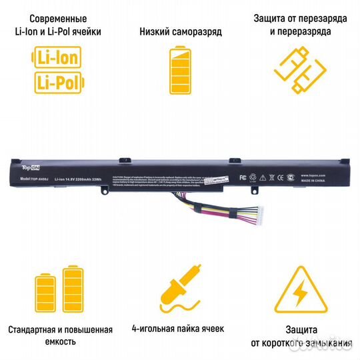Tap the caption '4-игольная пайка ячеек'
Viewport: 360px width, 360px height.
tap(179, 329)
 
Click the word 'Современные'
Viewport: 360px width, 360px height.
tap(58, 19)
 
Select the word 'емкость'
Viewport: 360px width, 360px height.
tap(59, 342)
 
